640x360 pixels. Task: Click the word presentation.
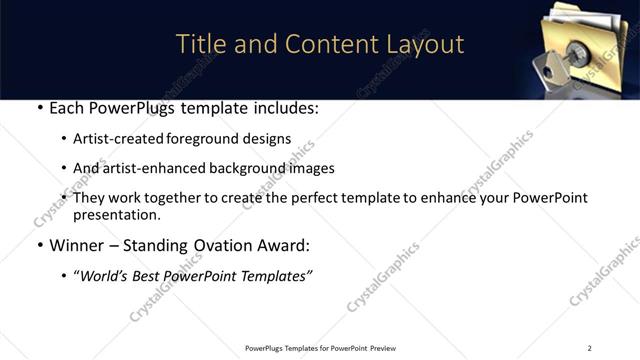tap(115, 215)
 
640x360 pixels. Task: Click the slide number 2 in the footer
tap(589, 348)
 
